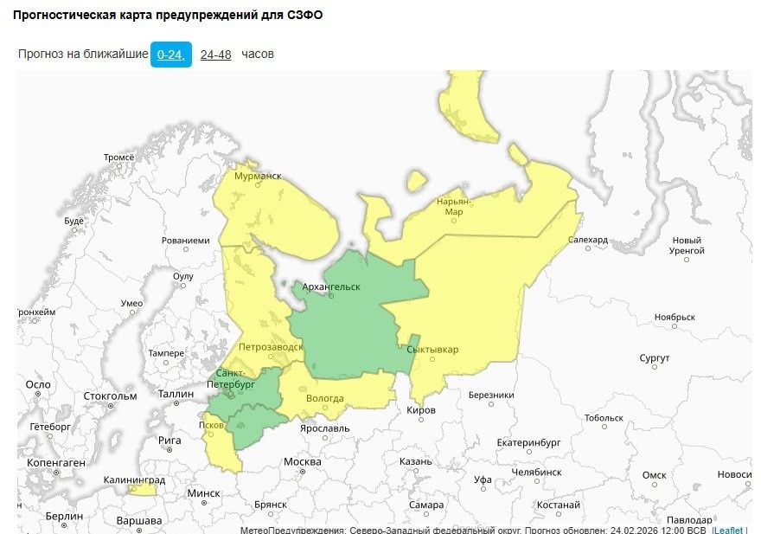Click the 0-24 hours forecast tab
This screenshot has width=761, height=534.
(170, 55)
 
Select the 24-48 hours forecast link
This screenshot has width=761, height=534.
(215, 55)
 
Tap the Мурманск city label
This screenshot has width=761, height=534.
(258, 176)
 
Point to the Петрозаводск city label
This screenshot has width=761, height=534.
(271, 346)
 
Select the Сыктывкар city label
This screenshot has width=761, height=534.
(432, 350)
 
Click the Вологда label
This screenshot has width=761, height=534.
(325, 399)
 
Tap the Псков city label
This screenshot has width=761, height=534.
(211, 425)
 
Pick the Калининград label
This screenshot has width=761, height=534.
(134, 479)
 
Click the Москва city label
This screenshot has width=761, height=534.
(303, 461)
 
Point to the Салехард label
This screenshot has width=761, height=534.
(588, 240)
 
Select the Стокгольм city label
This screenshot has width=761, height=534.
(110, 396)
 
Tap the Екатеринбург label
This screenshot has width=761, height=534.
(529, 442)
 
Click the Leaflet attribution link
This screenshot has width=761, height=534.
(728, 530)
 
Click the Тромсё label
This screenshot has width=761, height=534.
(119, 158)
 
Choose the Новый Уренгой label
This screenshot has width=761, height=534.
(687, 245)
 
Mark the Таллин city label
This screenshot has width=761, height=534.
(176, 394)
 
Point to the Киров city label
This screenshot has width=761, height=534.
(421, 409)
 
